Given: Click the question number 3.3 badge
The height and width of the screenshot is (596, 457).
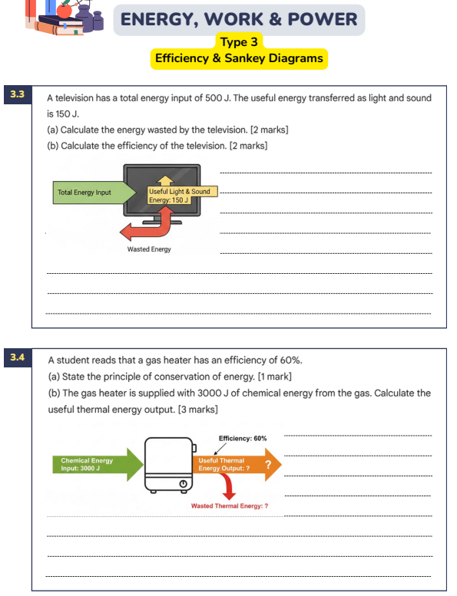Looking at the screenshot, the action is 18,94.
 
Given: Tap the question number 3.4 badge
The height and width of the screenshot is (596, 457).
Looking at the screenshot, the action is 18,357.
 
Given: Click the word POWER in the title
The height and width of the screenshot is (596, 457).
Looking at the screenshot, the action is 323,19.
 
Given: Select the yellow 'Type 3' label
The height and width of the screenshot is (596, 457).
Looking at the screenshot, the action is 239,41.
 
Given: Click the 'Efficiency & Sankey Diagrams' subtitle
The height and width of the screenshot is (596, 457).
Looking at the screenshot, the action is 239,58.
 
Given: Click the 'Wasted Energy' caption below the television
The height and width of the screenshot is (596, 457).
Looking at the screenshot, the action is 149,249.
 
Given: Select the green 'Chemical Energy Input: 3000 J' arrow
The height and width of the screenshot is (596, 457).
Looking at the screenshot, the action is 98,465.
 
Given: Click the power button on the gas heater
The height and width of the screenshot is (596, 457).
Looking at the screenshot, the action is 183,483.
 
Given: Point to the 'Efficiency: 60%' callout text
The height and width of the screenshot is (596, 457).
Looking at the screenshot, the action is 243,438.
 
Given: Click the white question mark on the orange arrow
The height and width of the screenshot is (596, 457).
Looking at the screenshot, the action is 268,464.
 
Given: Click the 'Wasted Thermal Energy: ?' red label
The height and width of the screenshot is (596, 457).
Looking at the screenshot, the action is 230,506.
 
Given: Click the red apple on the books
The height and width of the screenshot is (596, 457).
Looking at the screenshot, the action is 64,10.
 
